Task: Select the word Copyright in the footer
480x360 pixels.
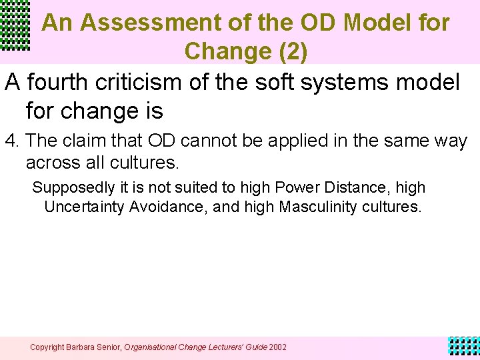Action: point(47,347)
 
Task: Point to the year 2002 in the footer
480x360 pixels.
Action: point(278,347)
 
